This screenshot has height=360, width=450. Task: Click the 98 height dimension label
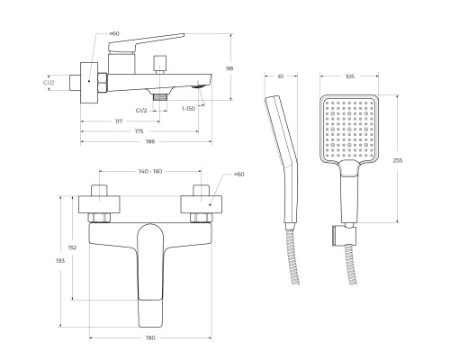pyautogui.click(x=229, y=68)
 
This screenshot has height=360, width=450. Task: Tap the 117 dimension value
pyautogui.click(x=119, y=121)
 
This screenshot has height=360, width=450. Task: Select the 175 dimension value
pyautogui.click(x=139, y=131)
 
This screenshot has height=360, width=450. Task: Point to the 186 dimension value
pyautogui.click(x=150, y=141)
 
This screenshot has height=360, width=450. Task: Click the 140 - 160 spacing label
pyautogui.click(x=150, y=171)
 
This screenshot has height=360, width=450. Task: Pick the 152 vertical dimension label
pyautogui.click(x=72, y=247)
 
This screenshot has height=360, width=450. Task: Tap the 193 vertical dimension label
pyautogui.click(x=60, y=261)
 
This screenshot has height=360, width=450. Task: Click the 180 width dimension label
pyautogui.click(x=150, y=337)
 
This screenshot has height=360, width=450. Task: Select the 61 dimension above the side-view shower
pyautogui.click(x=281, y=76)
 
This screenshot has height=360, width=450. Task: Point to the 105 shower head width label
pyautogui.click(x=350, y=76)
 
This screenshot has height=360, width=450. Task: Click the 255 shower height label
pyautogui.click(x=398, y=160)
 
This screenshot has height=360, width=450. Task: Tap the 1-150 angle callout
pyautogui.click(x=188, y=109)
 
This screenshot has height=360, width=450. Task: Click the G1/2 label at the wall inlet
pyautogui.click(x=49, y=83)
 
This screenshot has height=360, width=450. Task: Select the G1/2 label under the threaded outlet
pyautogui.click(x=141, y=111)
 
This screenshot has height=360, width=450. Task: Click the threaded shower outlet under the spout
pyautogui.click(x=159, y=97)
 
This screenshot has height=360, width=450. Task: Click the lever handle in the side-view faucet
pyautogui.click(x=146, y=42)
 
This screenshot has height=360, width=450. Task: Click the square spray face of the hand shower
pyautogui.click(x=349, y=128)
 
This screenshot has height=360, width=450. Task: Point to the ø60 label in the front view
pyautogui.click(x=238, y=174)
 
